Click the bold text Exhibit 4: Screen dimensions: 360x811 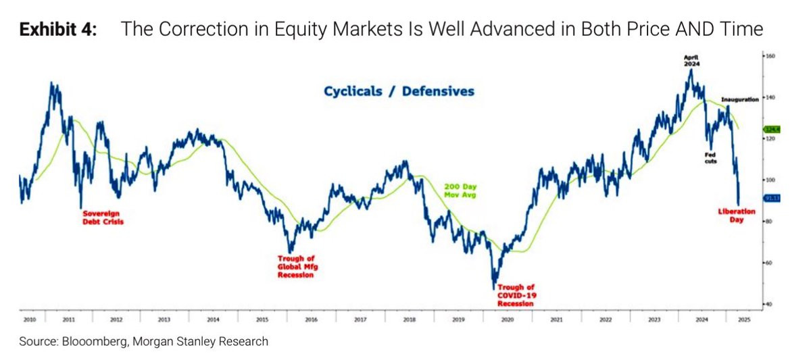(x=58, y=30)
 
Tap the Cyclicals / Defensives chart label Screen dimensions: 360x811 (x=398, y=91)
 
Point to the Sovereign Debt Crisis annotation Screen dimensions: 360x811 (x=103, y=217)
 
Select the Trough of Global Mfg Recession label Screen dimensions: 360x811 (x=296, y=267)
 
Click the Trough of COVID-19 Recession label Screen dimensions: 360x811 (x=515, y=295)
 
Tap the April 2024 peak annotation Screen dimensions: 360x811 (x=691, y=60)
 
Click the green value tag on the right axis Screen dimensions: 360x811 (x=772, y=128)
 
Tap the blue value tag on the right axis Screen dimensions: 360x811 (x=772, y=198)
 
